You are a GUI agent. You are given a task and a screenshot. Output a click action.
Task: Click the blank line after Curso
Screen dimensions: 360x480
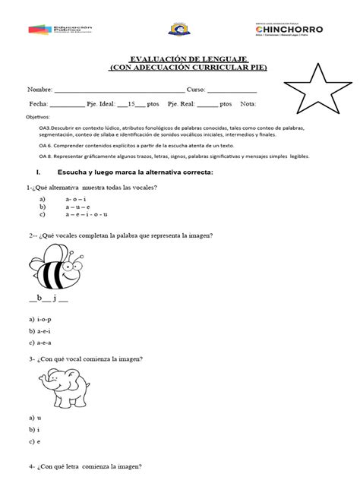(x=231, y=89)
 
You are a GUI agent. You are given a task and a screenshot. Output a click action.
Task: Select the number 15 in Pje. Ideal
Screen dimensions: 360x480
(x=131, y=103)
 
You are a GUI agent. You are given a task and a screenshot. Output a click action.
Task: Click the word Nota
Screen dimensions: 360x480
(x=248, y=103)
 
